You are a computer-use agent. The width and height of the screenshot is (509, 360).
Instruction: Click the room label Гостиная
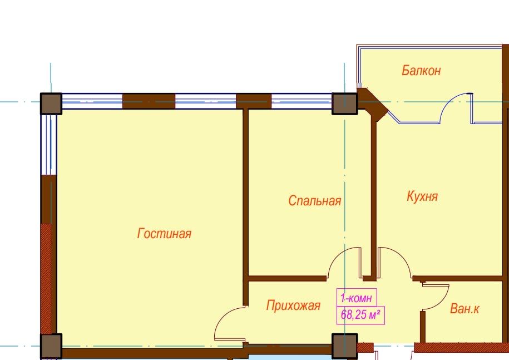click(164, 233)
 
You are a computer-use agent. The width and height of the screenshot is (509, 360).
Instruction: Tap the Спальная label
click(314, 201)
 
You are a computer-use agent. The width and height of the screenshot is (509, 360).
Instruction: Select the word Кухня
click(422, 196)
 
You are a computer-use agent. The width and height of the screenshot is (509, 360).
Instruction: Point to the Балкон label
click(421, 70)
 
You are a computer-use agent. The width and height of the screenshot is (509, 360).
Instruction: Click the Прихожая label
click(293, 305)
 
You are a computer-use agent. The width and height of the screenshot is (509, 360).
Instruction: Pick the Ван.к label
click(464, 308)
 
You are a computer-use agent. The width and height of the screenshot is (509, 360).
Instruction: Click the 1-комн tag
click(357, 298)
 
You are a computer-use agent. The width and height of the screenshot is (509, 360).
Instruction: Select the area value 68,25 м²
click(360, 315)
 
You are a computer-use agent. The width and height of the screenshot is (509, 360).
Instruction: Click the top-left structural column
click(51, 104)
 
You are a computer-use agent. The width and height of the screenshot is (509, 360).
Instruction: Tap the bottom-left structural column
click(51, 346)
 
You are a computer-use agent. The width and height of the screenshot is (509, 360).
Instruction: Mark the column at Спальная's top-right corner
click(344, 104)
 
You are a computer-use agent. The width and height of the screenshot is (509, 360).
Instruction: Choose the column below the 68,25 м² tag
click(344, 346)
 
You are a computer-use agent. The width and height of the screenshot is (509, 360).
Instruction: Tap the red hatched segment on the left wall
click(46, 279)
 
